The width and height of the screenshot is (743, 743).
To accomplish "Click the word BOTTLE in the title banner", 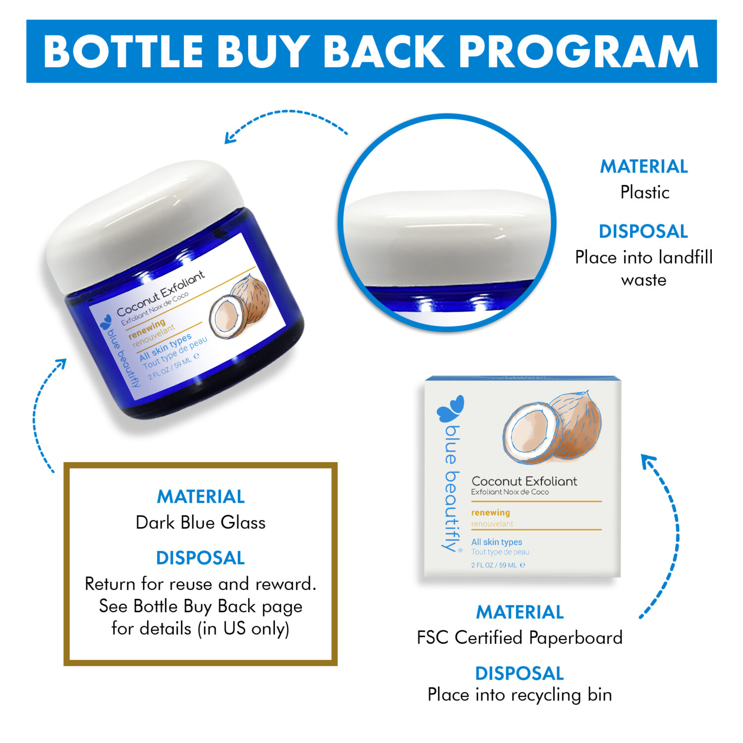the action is click(123, 52).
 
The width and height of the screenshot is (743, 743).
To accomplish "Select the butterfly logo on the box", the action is click(450, 409).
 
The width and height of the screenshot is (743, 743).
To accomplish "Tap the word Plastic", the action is click(644, 192).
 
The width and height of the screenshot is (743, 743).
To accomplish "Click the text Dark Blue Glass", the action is click(201, 523).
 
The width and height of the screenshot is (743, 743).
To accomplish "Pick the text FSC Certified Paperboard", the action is click(520, 637).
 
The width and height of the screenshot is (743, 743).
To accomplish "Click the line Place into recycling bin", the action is click(520, 695).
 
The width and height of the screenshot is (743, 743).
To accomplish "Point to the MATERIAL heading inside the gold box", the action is click(201, 496).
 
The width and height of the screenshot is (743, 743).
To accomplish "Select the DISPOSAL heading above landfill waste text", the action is click(643, 231).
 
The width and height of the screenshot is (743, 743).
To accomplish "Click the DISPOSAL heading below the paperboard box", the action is click(520, 673).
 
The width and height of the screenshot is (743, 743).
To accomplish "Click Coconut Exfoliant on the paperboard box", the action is click(524, 481).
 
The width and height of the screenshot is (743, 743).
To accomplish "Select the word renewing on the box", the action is click(490, 513).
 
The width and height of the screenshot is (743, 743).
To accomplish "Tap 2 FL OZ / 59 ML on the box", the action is click(498, 565).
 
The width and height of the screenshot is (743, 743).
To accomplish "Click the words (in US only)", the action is click(243, 629).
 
